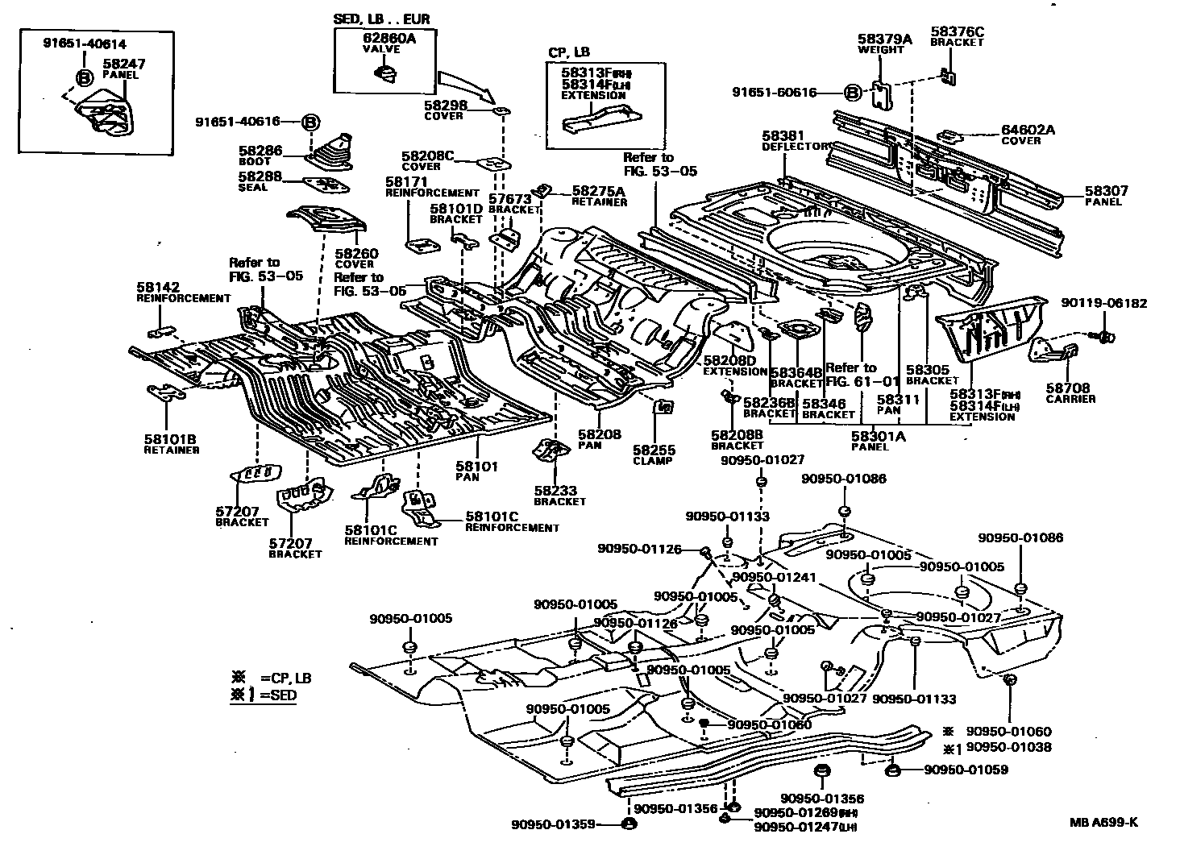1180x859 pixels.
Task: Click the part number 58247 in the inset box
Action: point(123,63)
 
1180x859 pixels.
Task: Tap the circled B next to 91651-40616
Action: point(310,122)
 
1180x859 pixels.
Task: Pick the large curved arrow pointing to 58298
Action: point(465,85)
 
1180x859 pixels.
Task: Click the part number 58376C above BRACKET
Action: point(957,31)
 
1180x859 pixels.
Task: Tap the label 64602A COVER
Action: point(1027,134)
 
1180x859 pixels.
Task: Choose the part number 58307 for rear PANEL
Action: point(1106,192)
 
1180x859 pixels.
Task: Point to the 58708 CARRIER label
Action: point(1070,392)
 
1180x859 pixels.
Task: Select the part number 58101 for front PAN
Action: point(477,466)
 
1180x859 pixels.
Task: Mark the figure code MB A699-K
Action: point(1103,822)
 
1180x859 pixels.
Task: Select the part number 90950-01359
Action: point(553,824)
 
